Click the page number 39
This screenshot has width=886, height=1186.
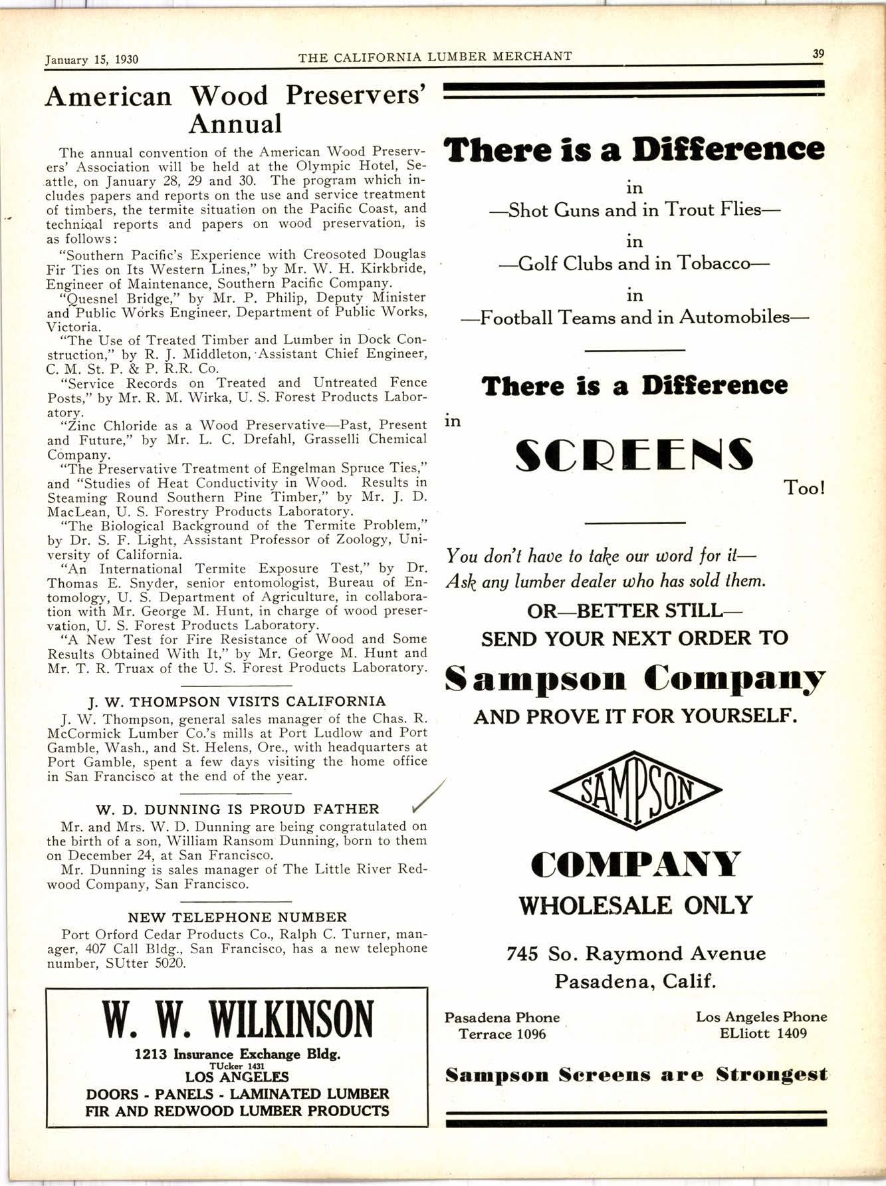(818, 54)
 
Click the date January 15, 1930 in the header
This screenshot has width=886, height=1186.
(92, 59)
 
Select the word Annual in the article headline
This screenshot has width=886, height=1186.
(235, 124)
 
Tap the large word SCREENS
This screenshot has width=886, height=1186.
(635, 455)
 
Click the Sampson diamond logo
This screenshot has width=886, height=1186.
(636, 790)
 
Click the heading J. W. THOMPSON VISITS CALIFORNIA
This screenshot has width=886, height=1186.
(237, 701)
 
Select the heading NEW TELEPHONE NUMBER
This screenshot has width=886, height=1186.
(237, 917)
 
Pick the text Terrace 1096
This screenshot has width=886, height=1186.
(502, 1034)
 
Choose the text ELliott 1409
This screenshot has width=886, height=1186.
(762, 1033)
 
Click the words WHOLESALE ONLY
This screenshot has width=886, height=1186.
(635, 905)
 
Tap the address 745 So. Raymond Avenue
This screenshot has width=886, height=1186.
(635, 954)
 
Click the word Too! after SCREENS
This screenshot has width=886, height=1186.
(805, 488)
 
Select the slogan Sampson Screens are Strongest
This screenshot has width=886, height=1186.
(636, 1074)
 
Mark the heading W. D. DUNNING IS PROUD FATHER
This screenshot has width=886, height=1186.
(237, 810)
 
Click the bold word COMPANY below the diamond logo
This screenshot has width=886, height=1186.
(635, 865)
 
